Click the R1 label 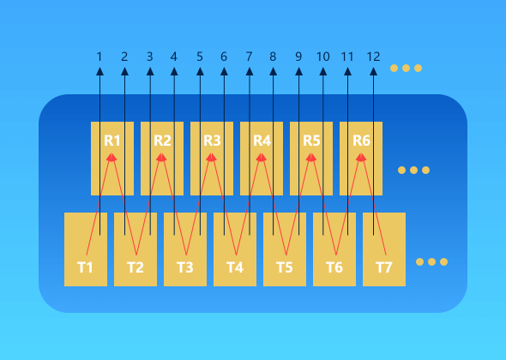pos(112,141)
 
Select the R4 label pos(262,141)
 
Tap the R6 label pos(361,141)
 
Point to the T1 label pos(85,267)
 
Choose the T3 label pos(185,267)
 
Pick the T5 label pos(284,267)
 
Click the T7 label pos(383,267)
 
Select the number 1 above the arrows pos(99,57)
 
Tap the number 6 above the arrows pos(224,57)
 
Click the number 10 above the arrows pos(322,57)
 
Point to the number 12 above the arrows pos(373,57)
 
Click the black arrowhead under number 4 pos(174,72)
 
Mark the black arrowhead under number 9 pos(298,72)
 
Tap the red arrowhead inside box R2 pos(161,157)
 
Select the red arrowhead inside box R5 pos(311,157)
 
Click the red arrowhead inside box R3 pos(211,157)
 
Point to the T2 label pos(136,267)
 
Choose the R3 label pos(212,141)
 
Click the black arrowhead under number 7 pos(250,72)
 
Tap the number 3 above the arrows pos(150,57)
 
